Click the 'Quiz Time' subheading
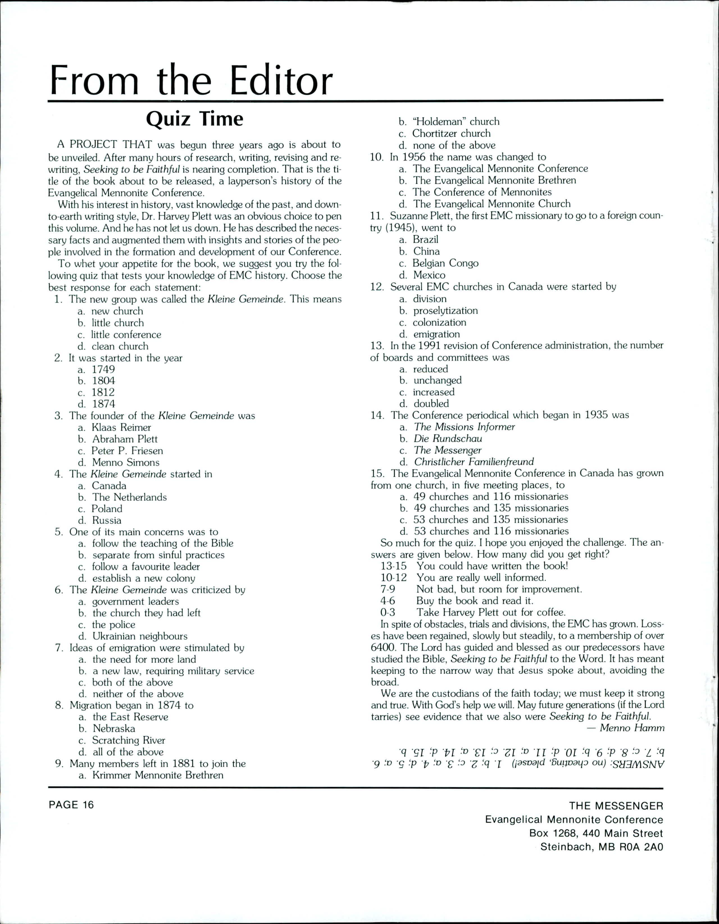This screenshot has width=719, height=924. pyautogui.click(x=194, y=120)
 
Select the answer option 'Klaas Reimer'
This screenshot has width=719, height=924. pyautogui.click(x=121, y=427)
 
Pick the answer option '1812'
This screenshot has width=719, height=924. pyautogui.click(x=103, y=392)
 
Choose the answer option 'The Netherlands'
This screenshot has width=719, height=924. pyautogui.click(x=129, y=497)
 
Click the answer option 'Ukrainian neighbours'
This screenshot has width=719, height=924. pyautogui.click(x=140, y=636)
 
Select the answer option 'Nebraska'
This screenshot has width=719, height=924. pyautogui.click(x=114, y=729)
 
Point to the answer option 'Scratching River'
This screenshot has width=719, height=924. pyautogui.click(x=129, y=740)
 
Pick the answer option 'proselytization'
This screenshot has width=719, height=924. pyautogui.click(x=446, y=311)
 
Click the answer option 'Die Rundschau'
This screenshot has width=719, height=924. pyautogui.click(x=448, y=438)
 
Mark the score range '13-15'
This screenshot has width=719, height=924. pyautogui.click(x=393, y=566)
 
